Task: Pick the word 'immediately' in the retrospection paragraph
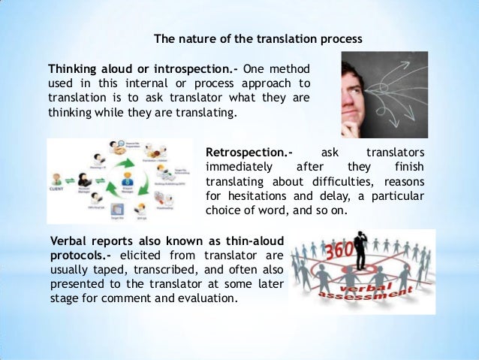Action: pyautogui.click(x=236, y=166)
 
